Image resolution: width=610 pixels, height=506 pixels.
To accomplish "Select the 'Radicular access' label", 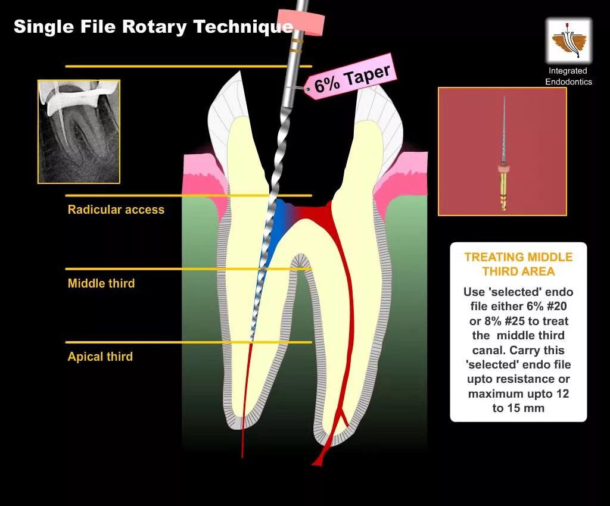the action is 116,210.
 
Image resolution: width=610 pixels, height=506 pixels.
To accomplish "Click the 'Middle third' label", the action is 101,283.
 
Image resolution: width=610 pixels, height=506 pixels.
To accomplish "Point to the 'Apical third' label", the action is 100,357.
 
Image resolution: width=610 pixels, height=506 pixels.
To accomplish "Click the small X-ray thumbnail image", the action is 79,132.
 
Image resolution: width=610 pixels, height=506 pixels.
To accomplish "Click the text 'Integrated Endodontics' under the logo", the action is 568,76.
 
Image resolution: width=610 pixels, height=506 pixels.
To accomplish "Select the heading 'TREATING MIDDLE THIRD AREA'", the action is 518,264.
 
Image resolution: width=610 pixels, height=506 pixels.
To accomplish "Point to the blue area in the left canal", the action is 275,226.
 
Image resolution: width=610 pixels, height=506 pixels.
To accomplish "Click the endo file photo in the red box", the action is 502,151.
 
